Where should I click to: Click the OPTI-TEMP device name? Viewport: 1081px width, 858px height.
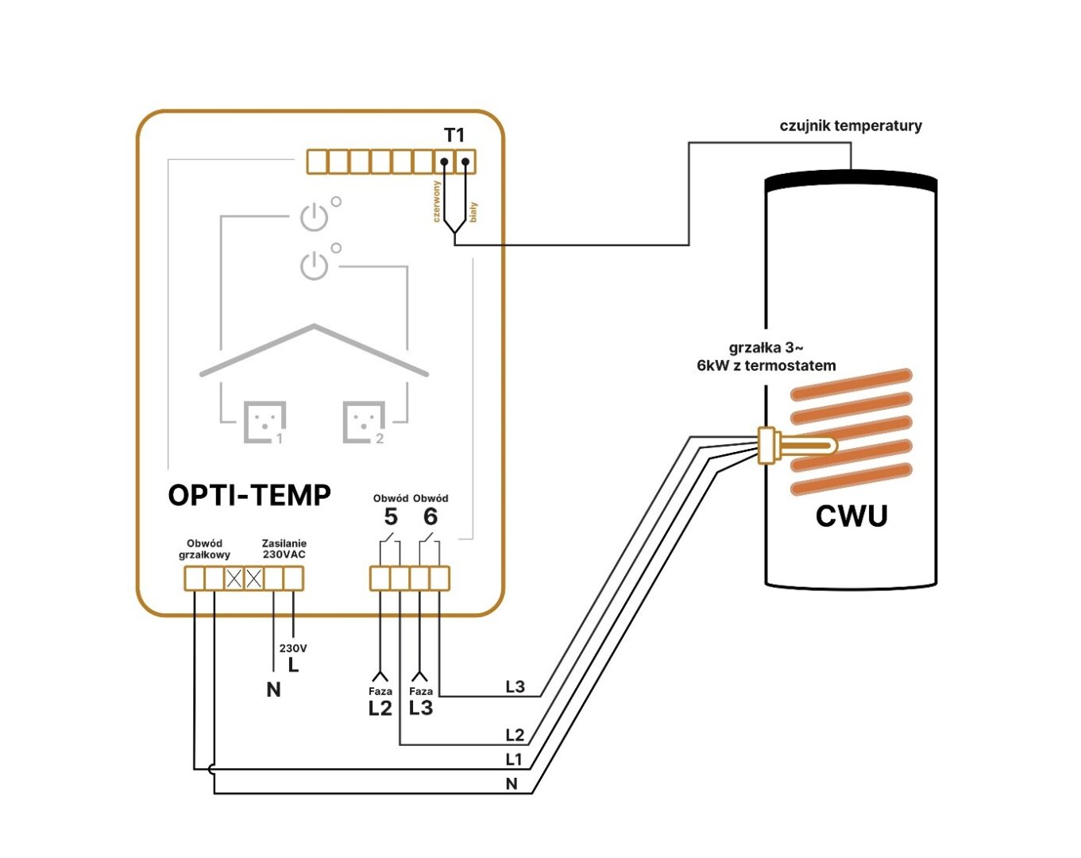[x=249, y=495]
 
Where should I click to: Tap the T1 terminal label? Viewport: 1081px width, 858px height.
[x=454, y=135]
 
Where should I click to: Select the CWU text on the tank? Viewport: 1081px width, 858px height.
[x=851, y=516]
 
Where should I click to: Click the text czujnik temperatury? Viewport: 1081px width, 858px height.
[x=851, y=126]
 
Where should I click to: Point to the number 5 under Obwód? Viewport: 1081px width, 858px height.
[x=391, y=517]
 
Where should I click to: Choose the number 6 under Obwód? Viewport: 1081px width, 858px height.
[x=430, y=517]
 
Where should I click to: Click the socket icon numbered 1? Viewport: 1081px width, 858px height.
[x=264, y=421]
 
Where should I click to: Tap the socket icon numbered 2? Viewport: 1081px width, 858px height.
[x=364, y=421]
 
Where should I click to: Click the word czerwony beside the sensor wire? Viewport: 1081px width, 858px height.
[x=436, y=201]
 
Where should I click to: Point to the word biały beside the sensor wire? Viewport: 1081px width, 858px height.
[x=473, y=211]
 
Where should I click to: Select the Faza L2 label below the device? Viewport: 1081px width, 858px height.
[x=380, y=702]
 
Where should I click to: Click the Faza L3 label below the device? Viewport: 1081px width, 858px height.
[x=421, y=702]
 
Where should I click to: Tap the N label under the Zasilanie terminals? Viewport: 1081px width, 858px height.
[x=273, y=690]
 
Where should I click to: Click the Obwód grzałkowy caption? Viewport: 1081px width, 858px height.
[x=204, y=549]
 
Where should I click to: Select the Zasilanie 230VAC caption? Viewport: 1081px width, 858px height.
[x=284, y=549]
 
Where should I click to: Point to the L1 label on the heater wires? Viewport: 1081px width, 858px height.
[x=515, y=759]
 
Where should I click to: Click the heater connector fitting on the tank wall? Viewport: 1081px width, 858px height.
[x=767, y=445]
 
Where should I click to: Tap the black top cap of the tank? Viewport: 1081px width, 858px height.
[x=851, y=182]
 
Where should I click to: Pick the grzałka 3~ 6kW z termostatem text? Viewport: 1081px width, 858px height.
[x=766, y=357]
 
